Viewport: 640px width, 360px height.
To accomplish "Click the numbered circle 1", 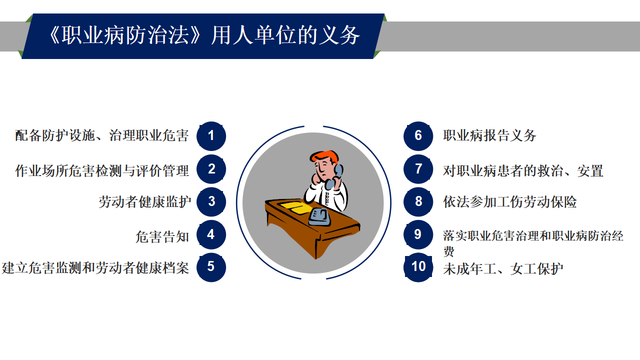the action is click(x=211, y=136).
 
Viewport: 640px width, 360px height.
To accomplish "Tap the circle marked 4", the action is click(x=211, y=234).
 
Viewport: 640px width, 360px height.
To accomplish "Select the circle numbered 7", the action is click(x=418, y=169).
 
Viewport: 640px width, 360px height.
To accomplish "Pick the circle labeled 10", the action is click(x=418, y=267).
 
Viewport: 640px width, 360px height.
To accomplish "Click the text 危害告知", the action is click(x=162, y=237).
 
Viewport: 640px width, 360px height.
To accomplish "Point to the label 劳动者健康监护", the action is click(x=145, y=201).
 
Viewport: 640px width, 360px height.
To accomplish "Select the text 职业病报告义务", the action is click(x=489, y=135).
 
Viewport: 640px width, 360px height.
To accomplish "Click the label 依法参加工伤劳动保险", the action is click(x=509, y=201).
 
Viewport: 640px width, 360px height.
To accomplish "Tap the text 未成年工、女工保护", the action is click(x=503, y=268).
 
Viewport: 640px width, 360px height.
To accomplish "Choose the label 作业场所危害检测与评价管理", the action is click(x=102, y=171).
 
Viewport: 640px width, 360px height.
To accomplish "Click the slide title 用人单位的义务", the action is click(x=285, y=35).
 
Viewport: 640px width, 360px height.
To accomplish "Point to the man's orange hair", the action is click(x=324, y=156).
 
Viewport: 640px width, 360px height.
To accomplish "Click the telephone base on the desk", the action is click(x=319, y=217).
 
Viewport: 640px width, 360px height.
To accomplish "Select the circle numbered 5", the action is click(x=211, y=267).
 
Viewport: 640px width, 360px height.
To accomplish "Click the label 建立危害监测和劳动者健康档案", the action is click(x=95, y=268).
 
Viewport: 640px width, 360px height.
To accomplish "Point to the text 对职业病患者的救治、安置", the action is click(x=523, y=171).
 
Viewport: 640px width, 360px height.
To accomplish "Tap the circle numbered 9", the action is click(x=418, y=234).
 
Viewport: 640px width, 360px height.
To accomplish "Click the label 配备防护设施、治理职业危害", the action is click(x=102, y=135).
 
